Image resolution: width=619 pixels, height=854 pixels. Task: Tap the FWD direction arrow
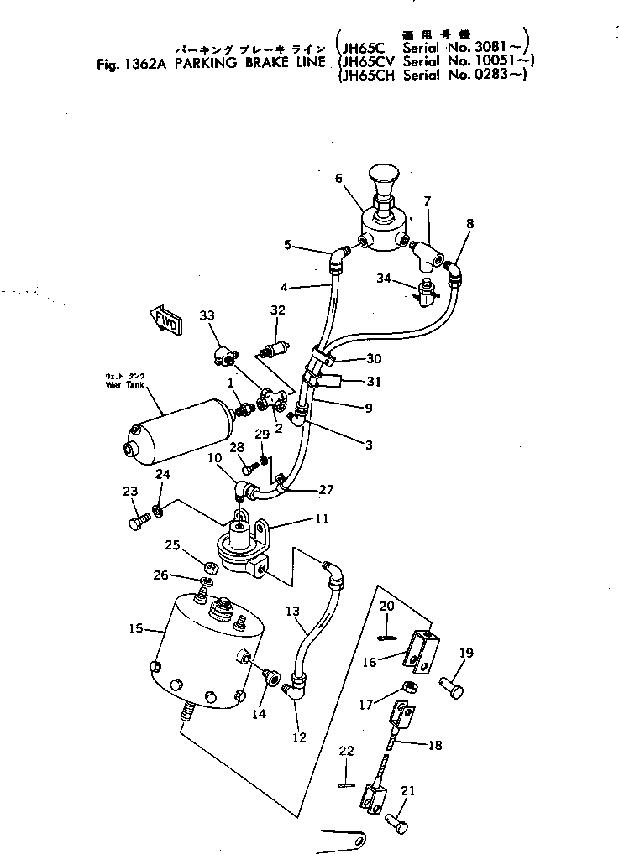click(165, 320)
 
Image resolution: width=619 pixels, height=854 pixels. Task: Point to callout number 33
click(207, 315)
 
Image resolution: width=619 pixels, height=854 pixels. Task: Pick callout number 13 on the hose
click(292, 611)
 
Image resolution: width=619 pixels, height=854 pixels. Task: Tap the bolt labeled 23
click(138, 523)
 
